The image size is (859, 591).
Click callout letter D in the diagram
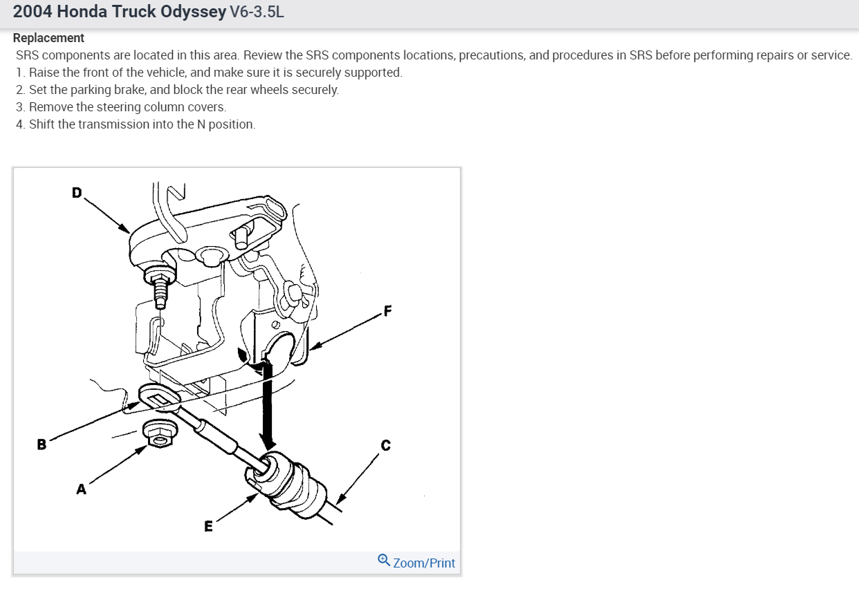coord(77,192)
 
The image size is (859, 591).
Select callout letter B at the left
coord(41,444)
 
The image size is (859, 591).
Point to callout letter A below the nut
coord(81,489)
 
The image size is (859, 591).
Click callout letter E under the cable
coord(208,526)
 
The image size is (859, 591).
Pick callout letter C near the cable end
coord(385,445)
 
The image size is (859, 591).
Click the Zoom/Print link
coord(424,563)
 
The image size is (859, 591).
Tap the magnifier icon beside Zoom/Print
coord(385,561)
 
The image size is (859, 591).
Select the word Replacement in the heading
coord(48,38)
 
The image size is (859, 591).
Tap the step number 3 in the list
coord(20,107)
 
